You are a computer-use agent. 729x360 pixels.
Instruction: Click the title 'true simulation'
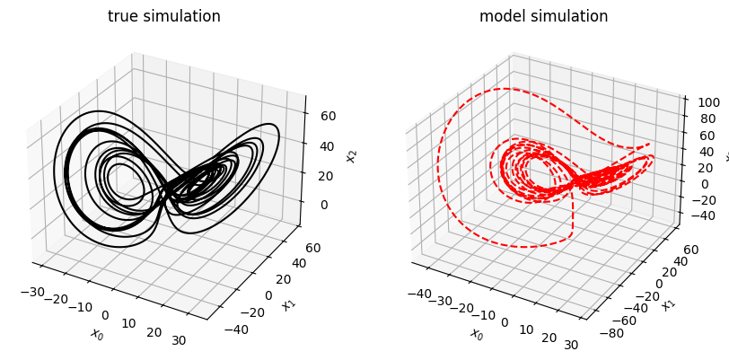point(164,16)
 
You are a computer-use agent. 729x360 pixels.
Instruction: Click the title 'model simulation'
point(543,16)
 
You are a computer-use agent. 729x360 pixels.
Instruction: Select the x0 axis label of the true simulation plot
point(97,333)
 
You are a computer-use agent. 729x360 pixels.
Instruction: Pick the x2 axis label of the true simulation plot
point(353,156)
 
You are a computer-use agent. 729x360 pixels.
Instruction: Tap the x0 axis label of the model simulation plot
point(475,333)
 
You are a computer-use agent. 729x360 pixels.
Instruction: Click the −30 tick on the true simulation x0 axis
point(32,292)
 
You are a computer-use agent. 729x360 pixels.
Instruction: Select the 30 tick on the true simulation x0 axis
point(178,340)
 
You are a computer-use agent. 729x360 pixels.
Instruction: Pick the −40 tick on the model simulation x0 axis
point(418,294)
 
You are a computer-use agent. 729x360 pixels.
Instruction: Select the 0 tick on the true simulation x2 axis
point(324,205)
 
